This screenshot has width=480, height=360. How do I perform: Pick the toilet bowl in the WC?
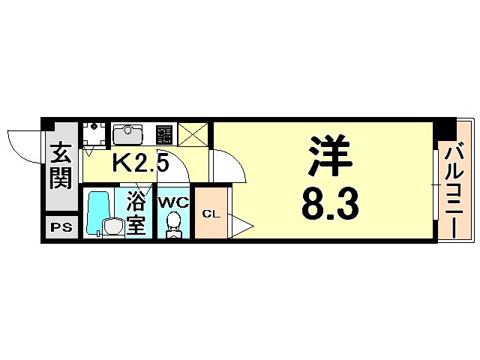click(173, 223)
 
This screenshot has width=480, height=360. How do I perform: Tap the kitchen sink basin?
click(129, 136)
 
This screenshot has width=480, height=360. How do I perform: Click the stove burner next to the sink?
click(164, 135)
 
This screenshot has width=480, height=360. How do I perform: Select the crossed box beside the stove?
click(193, 135)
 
